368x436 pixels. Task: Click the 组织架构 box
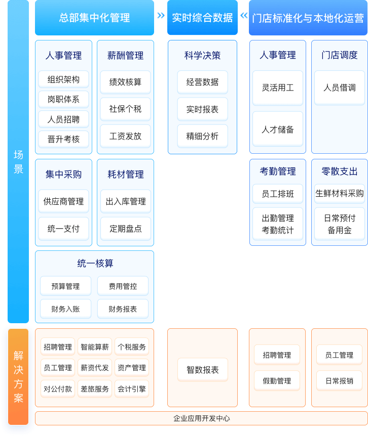click(63, 79)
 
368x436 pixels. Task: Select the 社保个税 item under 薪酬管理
click(125, 109)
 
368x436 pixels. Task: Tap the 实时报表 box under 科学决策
click(202, 109)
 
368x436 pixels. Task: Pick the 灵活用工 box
click(277, 88)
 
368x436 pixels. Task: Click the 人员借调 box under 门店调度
click(339, 88)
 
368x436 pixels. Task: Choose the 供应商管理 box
click(63, 201)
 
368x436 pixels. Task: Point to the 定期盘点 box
click(125, 228)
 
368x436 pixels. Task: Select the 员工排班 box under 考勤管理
click(277, 193)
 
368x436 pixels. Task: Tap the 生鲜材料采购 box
click(339, 193)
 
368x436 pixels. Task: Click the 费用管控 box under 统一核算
click(122, 286)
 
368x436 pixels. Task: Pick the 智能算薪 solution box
click(95, 347)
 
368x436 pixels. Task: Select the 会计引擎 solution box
click(131, 388)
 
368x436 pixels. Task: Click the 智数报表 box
click(202, 370)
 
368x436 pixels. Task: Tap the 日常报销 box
click(339, 380)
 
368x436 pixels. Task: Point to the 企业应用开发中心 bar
click(201, 418)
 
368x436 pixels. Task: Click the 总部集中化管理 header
click(94, 18)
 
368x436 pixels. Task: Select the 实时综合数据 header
click(202, 18)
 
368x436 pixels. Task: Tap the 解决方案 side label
click(18, 377)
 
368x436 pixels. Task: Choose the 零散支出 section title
click(339, 171)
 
